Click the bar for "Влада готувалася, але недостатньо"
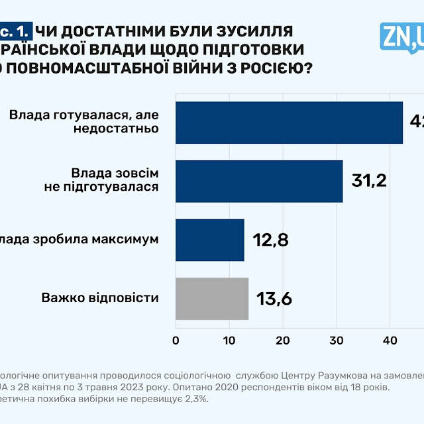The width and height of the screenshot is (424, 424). pos(289,122)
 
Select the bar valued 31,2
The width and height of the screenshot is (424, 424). pos(259,181)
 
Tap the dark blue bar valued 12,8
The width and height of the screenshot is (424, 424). pos(210,240)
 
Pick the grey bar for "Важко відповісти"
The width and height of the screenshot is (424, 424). pos(212,299)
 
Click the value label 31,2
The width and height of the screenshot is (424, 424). pos(369,181)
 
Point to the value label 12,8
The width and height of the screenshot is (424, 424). pos(270,240)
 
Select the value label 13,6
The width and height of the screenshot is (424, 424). pos(274,299)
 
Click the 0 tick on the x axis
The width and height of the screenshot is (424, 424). pos(176,341)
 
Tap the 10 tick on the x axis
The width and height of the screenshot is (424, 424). pos(229,341)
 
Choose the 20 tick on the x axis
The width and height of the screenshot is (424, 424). pos(283,341)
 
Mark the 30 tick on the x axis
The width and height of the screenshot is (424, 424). pos(337,341)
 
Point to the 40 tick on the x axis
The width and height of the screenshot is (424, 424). pos(390,341)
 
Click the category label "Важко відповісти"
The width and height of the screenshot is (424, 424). pos(100,297)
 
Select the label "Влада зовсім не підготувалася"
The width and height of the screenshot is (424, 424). pos(115,180)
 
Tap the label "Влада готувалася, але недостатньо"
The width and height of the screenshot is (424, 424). pos(85,121)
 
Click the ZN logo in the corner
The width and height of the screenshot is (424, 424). pos(401,36)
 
